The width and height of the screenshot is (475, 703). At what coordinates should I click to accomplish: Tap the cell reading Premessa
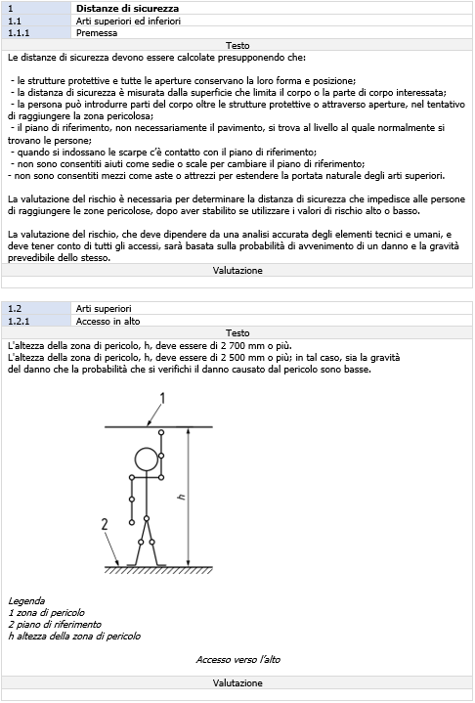(97, 32)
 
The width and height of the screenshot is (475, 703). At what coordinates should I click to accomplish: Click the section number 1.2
(17, 308)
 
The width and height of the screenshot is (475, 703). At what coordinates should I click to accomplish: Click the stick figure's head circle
(146, 459)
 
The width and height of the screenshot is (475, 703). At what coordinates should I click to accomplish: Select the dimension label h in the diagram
(181, 497)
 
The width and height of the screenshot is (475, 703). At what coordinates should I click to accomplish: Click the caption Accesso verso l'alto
(237, 660)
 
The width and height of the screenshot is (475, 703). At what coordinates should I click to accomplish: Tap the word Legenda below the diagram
(27, 600)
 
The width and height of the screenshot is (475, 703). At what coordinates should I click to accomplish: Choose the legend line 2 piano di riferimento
(54, 624)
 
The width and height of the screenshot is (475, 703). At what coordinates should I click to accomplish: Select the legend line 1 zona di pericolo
(47, 612)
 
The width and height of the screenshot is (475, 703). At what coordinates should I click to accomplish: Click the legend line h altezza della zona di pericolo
(74, 636)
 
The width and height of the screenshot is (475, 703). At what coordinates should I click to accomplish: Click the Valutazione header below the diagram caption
(237, 682)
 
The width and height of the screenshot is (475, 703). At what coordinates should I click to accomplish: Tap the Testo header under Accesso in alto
(237, 332)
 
